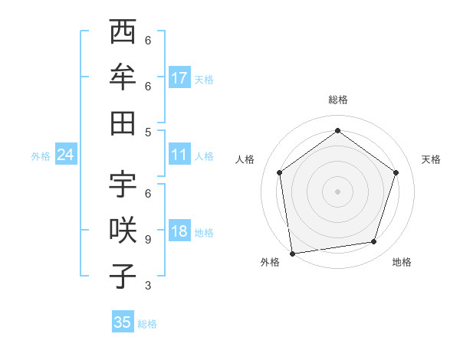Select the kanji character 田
[x=123, y=123]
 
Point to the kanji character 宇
[x=123, y=185]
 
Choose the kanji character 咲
[x=123, y=231]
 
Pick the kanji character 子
[x=123, y=277]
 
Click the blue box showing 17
[x=179, y=78]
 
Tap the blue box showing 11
[x=179, y=155]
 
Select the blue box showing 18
[x=179, y=232]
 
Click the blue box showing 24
[x=65, y=155]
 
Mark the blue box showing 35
[x=123, y=322]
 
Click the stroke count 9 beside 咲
[x=147, y=240]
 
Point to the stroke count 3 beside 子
[x=147, y=286]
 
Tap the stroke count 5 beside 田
[x=147, y=132]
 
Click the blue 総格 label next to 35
[x=147, y=324]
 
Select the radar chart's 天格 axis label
[x=431, y=159]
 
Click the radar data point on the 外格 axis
[x=292, y=252]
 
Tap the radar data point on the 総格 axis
[x=337, y=131]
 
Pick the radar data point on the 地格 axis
[x=374, y=242]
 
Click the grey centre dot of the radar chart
[x=337, y=191]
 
